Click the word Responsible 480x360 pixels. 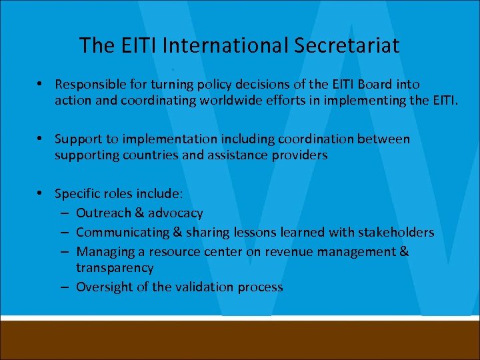point(90,85)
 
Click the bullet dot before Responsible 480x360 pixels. point(41,84)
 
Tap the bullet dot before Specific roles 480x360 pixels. point(41,193)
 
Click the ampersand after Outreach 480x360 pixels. point(138,213)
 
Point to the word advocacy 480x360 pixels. point(175,213)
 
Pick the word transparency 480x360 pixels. point(115,268)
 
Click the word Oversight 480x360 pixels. point(105,287)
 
